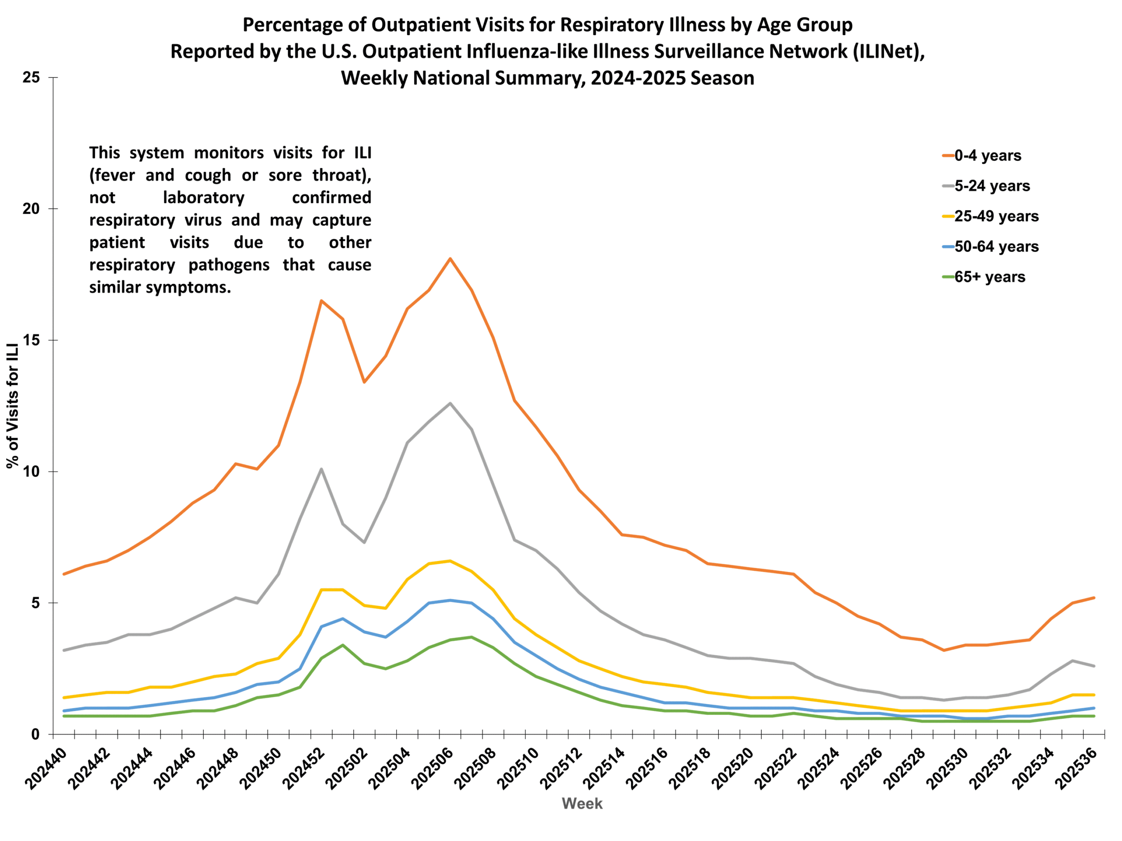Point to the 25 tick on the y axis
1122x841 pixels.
point(31,78)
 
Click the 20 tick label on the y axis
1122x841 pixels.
point(31,209)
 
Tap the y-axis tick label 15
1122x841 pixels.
point(31,340)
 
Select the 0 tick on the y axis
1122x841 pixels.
point(35,734)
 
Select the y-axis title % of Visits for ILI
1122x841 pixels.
point(13,406)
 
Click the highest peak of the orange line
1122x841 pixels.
point(450,258)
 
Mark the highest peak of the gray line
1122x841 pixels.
point(450,403)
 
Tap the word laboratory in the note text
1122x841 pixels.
point(203,197)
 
